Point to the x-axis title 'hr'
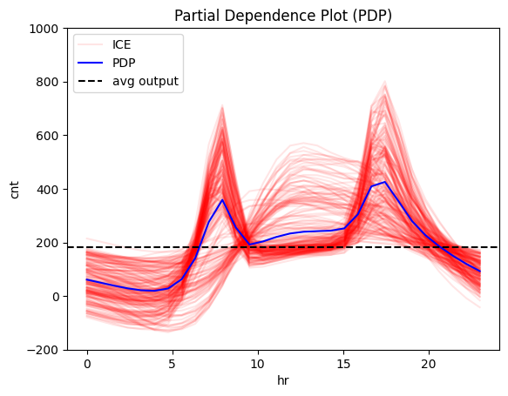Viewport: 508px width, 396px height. pyautogui.click(x=283, y=381)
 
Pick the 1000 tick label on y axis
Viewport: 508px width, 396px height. pyautogui.click(x=44, y=29)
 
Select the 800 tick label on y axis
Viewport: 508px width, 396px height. pyautogui.click(x=47, y=82)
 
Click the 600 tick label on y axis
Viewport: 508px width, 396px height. pyautogui.click(x=47, y=136)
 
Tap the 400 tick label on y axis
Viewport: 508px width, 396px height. pyautogui.click(x=47, y=190)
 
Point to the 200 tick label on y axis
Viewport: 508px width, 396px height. pyautogui.click(x=47, y=243)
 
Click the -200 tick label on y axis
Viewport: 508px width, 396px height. pyautogui.click(x=44, y=350)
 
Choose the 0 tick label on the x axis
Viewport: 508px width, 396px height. pyautogui.click(x=87, y=363)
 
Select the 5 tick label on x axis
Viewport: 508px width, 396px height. pyautogui.click(x=173, y=363)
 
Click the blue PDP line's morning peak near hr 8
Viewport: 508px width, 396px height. pyautogui.click(x=223, y=200)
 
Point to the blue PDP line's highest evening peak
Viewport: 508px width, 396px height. pyautogui.click(x=384, y=182)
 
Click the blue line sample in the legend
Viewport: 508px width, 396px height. pyautogui.click(x=91, y=64)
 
